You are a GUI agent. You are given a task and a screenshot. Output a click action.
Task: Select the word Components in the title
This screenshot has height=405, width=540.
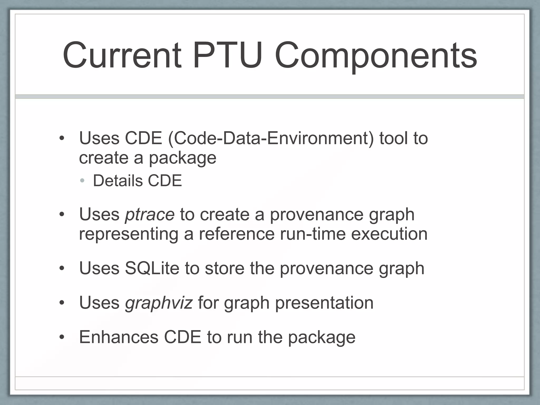click(x=376, y=56)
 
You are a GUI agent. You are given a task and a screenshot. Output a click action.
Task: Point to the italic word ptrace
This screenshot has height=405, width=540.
click(x=150, y=214)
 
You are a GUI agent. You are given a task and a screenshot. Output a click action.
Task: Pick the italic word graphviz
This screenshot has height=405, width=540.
click(x=159, y=303)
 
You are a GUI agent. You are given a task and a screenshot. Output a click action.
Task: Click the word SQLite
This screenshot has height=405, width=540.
click(x=152, y=268)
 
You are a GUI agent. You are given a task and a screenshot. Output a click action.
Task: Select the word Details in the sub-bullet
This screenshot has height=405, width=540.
click(x=117, y=181)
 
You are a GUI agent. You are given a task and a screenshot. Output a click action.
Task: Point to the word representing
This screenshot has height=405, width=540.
click(x=129, y=234)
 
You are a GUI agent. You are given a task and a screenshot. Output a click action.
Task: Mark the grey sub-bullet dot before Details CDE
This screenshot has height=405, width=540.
click(x=82, y=181)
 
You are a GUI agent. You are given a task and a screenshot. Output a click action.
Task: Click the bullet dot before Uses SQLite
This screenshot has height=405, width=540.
click(x=62, y=269)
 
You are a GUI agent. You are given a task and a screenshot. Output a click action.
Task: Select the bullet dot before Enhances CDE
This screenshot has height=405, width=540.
click(x=62, y=337)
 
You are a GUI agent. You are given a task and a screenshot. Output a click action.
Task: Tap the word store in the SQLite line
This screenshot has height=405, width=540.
click(x=225, y=268)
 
